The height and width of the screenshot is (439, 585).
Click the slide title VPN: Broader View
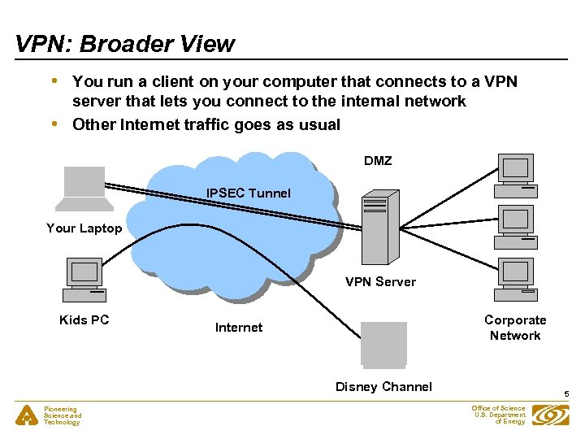(124, 44)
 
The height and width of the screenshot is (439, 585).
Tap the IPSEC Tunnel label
(248, 193)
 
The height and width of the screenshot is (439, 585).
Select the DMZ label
(378, 161)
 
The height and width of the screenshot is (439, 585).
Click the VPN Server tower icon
(380, 227)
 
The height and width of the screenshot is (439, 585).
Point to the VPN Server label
(380, 282)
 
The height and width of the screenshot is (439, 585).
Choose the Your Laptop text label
(84, 228)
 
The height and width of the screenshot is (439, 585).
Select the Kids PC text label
(84, 320)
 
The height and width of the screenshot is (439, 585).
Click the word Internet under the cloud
(239, 328)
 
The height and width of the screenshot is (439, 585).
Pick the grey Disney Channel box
(383, 344)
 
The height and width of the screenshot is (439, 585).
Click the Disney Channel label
(383, 387)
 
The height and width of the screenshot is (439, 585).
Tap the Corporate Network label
(515, 328)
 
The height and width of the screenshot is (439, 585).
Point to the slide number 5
(567, 394)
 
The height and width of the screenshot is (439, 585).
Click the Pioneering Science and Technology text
(63, 415)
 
